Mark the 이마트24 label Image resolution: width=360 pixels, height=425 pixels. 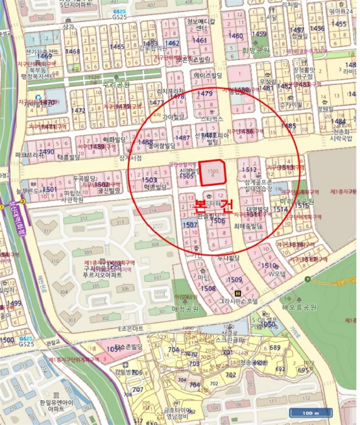coord(341,11)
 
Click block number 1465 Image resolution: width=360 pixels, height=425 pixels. coord(117,46)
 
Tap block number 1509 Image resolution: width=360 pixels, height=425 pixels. coord(234,280)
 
